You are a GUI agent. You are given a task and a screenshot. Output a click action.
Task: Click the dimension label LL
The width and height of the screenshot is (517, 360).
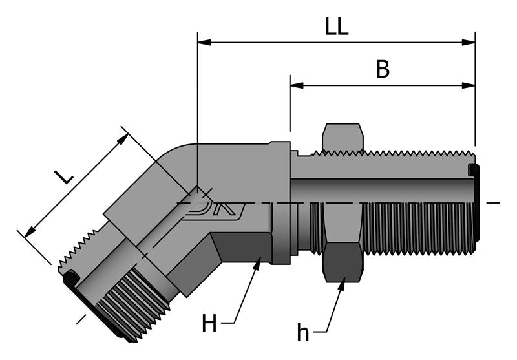(x=337, y=26)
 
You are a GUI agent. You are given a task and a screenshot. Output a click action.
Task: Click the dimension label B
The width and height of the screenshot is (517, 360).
(x=383, y=70)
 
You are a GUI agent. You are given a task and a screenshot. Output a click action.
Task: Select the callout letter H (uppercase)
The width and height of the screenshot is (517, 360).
(x=209, y=323)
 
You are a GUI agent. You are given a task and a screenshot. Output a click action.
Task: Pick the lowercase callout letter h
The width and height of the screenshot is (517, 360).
(x=303, y=332)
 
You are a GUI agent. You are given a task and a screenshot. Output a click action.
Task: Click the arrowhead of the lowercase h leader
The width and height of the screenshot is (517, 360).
(x=343, y=280)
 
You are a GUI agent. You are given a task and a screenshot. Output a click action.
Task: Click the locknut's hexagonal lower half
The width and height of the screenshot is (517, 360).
(x=343, y=262)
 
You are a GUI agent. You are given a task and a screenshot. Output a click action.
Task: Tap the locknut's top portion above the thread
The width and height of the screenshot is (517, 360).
(x=343, y=136)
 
